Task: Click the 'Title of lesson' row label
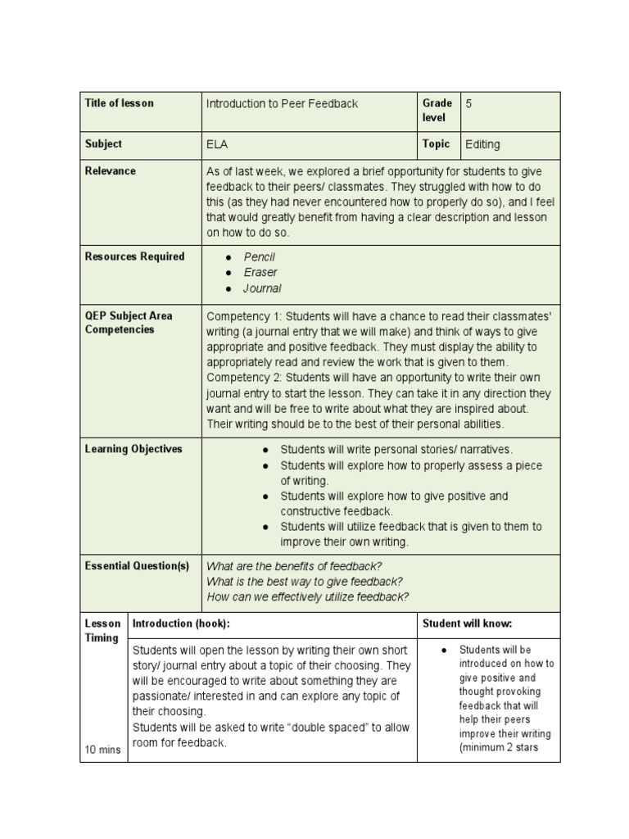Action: [x=119, y=103]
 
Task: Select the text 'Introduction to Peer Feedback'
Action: [x=282, y=104]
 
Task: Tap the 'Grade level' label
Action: [x=437, y=111]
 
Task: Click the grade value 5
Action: [x=469, y=104]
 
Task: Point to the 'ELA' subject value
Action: [x=217, y=144]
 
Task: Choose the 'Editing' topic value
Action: [x=482, y=144]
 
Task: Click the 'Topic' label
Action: [x=436, y=144]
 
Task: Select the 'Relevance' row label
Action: [x=110, y=171]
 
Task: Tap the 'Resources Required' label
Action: [x=134, y=256]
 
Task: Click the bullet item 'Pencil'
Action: [x=259, y=257]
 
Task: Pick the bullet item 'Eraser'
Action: [x=260, y=273]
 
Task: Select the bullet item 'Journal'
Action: [x=262, y=288]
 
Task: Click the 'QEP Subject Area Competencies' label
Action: [x=129, y=322]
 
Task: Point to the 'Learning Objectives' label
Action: [x=133, y=449]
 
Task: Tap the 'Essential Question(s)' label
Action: [x=137, y=566]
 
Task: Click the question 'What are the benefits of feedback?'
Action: [x=294, y=566]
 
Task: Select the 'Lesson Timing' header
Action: [x=102, y=631]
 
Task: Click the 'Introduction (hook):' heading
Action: [x=181, y=624]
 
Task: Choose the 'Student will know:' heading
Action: [x=467, y=624]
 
